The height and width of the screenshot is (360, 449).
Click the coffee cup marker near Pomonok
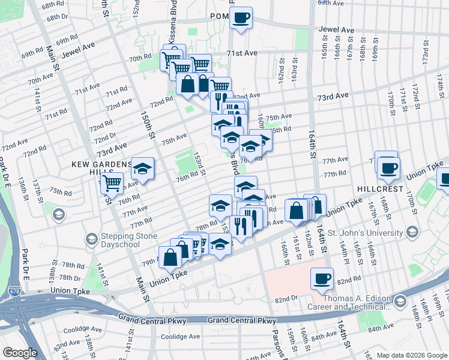click(241, 17)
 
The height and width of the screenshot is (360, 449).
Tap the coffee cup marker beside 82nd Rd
click(322, 278)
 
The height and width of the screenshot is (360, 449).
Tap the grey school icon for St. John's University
click(412, 231)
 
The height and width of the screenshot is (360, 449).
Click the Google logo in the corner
click(20, 353)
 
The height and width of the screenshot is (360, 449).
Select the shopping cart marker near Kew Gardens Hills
click(112, 182)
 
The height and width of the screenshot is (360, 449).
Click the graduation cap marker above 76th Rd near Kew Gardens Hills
click(143, 169)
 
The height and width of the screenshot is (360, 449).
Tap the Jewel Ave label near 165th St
click(336, 29)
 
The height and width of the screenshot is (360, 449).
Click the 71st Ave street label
click(242, 53)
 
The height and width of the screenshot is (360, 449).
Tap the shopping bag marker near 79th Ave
click(170, 257)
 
